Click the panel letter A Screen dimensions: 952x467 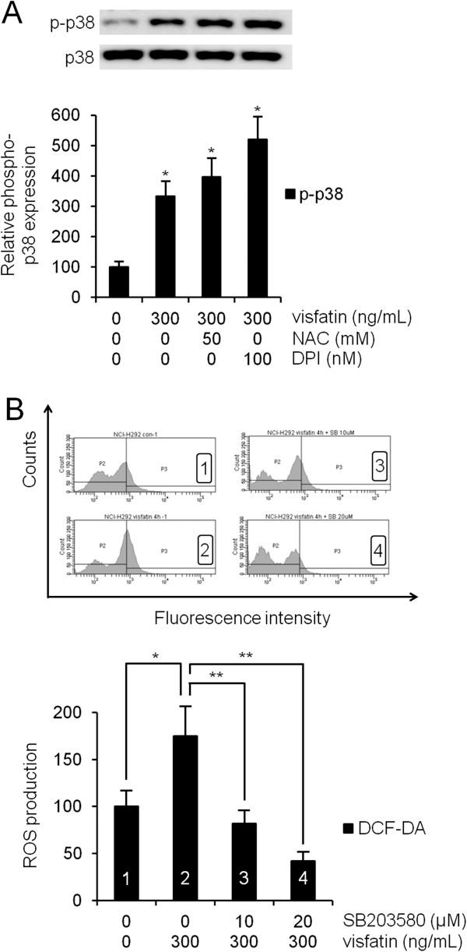[13, 15]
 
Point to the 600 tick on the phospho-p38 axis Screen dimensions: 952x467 [76, 115]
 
